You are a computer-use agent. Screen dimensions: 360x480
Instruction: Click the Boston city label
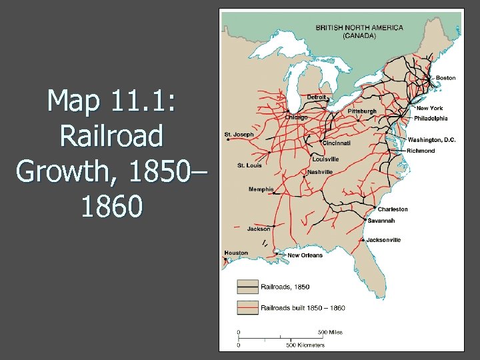pyautogui.click(x=446, y=78)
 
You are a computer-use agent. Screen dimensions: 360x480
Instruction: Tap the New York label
pyautogui.click(x=430, y=108)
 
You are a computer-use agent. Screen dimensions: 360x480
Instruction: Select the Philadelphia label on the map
pyautogui.click(x=431, y=119)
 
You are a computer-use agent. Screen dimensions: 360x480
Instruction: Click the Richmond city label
pyautogui.click(x=421, y=151)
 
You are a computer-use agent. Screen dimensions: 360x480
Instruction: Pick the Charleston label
pyautogui.click(x=393, y=209)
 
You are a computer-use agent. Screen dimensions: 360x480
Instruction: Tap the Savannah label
pyautogui.click(x=381, y=221)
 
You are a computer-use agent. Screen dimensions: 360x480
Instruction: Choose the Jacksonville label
pyautogui.click(x=383, y=240)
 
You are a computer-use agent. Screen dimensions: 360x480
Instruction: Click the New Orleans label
pyautogui.click(x=305, y=255)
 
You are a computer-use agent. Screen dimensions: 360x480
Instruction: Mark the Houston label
pyautogui.click(x=236, y=253)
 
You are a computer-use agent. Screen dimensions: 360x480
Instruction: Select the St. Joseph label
pyautogui.click(x=239, y=135)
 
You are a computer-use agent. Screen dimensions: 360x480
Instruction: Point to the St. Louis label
pyautogui.click(x=250, y=165)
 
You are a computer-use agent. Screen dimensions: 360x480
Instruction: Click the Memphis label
pyautogui.click(x=261, y=189)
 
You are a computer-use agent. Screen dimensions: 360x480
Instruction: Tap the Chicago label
pyautogui.click(x=297, y=117)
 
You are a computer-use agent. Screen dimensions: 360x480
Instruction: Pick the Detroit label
pyautogui.click(x=317, y=97)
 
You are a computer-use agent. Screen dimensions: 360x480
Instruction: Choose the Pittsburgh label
pyautogui.click(x=362, y=111)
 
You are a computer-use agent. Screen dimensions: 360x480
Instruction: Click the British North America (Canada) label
pyautogui.click(x=359, y=31)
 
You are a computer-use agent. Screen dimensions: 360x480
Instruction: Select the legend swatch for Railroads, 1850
pyautogui.click(x=248, y=287)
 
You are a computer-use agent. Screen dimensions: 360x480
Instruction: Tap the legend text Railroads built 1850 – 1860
pyautogui.click(x=303, y=307)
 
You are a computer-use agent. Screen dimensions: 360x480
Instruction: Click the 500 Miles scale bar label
pyautogui.click(x=331, y=332)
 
